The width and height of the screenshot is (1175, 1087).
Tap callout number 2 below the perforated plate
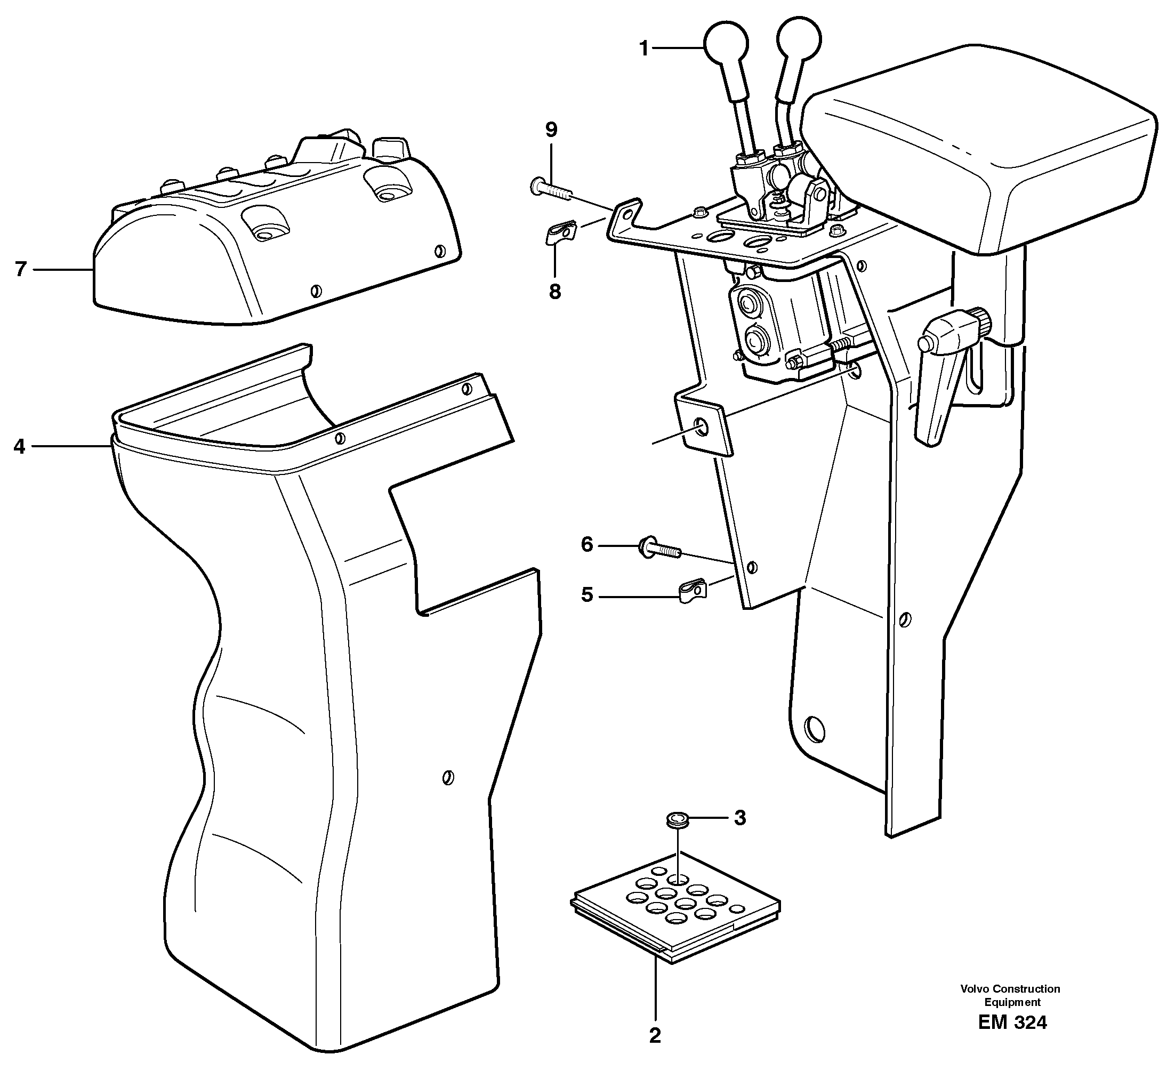(655, 1052)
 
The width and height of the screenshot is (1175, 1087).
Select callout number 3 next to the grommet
(740, 818)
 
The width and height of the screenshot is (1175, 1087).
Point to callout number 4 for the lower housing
(19, 447)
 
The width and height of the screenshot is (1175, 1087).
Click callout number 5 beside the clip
(587, 595)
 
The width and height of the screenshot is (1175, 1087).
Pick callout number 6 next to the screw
(587, 545)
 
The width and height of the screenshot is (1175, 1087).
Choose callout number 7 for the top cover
(21, 269)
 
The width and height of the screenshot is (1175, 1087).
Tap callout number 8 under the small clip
(554, 292)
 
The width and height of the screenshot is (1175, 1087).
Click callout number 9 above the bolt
(551, 130)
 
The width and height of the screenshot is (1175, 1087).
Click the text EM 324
(1012, 1023)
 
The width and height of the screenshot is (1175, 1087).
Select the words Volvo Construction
(1010, 989)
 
